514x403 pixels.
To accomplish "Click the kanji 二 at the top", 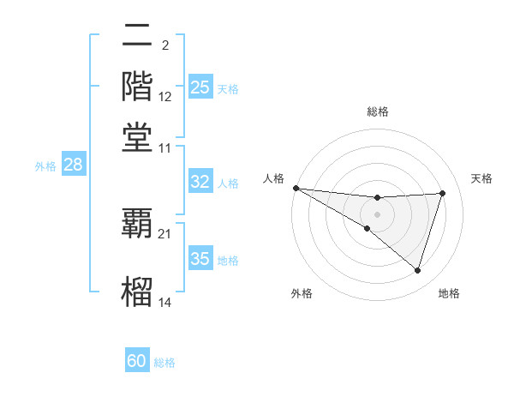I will coord(137,37).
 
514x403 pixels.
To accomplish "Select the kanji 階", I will coord(137,87).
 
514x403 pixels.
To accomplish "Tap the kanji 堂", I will coord(137,136).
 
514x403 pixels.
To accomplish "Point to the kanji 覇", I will coord(137,222).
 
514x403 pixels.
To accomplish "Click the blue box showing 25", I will coord(200,87).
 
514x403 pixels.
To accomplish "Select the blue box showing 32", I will coord(200,182).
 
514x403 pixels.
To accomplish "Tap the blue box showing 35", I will coord(200,259).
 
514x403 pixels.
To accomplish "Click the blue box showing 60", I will coord(137,362).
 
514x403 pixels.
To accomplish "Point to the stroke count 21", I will coord(165,233).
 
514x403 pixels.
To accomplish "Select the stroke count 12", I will coord(165,97).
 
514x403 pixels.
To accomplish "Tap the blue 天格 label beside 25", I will coord(228,88).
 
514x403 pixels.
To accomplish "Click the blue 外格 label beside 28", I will coord(45,166).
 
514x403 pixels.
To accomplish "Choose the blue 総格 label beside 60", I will coord(164,363).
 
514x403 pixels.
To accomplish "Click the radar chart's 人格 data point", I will coord(296,188).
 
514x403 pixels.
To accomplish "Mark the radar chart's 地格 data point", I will coord(418,271).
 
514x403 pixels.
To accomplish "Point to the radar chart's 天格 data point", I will coord(443,193).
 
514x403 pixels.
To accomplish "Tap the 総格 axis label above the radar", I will coord(378,111).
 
